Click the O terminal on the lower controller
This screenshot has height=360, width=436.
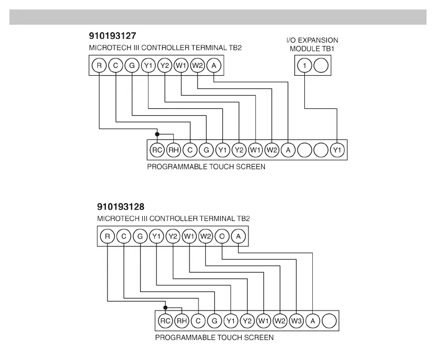222,236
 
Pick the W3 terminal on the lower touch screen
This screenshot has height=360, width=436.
296,320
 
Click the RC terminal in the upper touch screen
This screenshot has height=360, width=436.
156,151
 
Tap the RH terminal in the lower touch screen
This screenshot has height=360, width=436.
181,320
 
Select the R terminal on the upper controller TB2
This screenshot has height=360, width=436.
98,66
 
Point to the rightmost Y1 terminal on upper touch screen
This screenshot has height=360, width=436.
337,151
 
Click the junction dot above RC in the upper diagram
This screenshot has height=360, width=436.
156,134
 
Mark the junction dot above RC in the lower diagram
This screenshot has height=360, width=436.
165,307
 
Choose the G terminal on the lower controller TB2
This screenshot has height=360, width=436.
140,236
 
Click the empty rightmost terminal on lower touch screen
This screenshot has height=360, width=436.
329,320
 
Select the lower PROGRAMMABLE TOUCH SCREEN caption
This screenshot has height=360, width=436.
214,337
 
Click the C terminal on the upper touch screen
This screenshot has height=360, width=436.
190,151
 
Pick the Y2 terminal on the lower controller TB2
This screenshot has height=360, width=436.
172,236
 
